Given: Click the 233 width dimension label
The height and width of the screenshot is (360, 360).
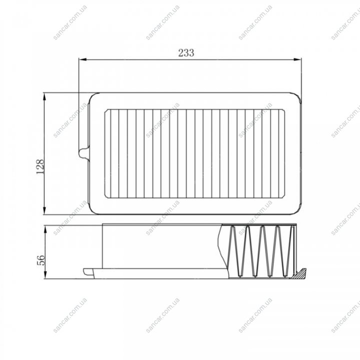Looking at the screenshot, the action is pyautogui.click(x=186, y=53).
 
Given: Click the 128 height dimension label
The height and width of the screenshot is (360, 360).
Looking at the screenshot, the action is pyautogui.click(x=40, y=166).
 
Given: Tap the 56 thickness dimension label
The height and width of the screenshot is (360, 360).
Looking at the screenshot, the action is pyautogui.click(x=41, y=260).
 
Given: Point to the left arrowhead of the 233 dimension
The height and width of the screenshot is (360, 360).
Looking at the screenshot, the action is pyautogui.click(x=83, y=60).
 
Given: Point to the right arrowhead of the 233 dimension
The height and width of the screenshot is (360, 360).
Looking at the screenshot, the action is pyautogui.click(x=297, y=60).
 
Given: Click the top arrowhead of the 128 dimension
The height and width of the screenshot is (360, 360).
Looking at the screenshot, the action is pyautogui.click(x=45, y=97).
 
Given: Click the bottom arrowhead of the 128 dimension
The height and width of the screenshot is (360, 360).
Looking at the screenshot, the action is pyautogui.click(x=45, y=210).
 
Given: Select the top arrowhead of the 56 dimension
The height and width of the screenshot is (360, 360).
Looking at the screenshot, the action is pyautogui.click(x=45, y=230).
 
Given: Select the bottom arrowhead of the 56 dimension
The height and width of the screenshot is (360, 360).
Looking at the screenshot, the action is pyautogui.click(x=45, y=275).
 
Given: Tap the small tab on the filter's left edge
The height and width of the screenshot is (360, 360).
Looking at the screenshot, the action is pyautogui.click(x=84, y=153).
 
